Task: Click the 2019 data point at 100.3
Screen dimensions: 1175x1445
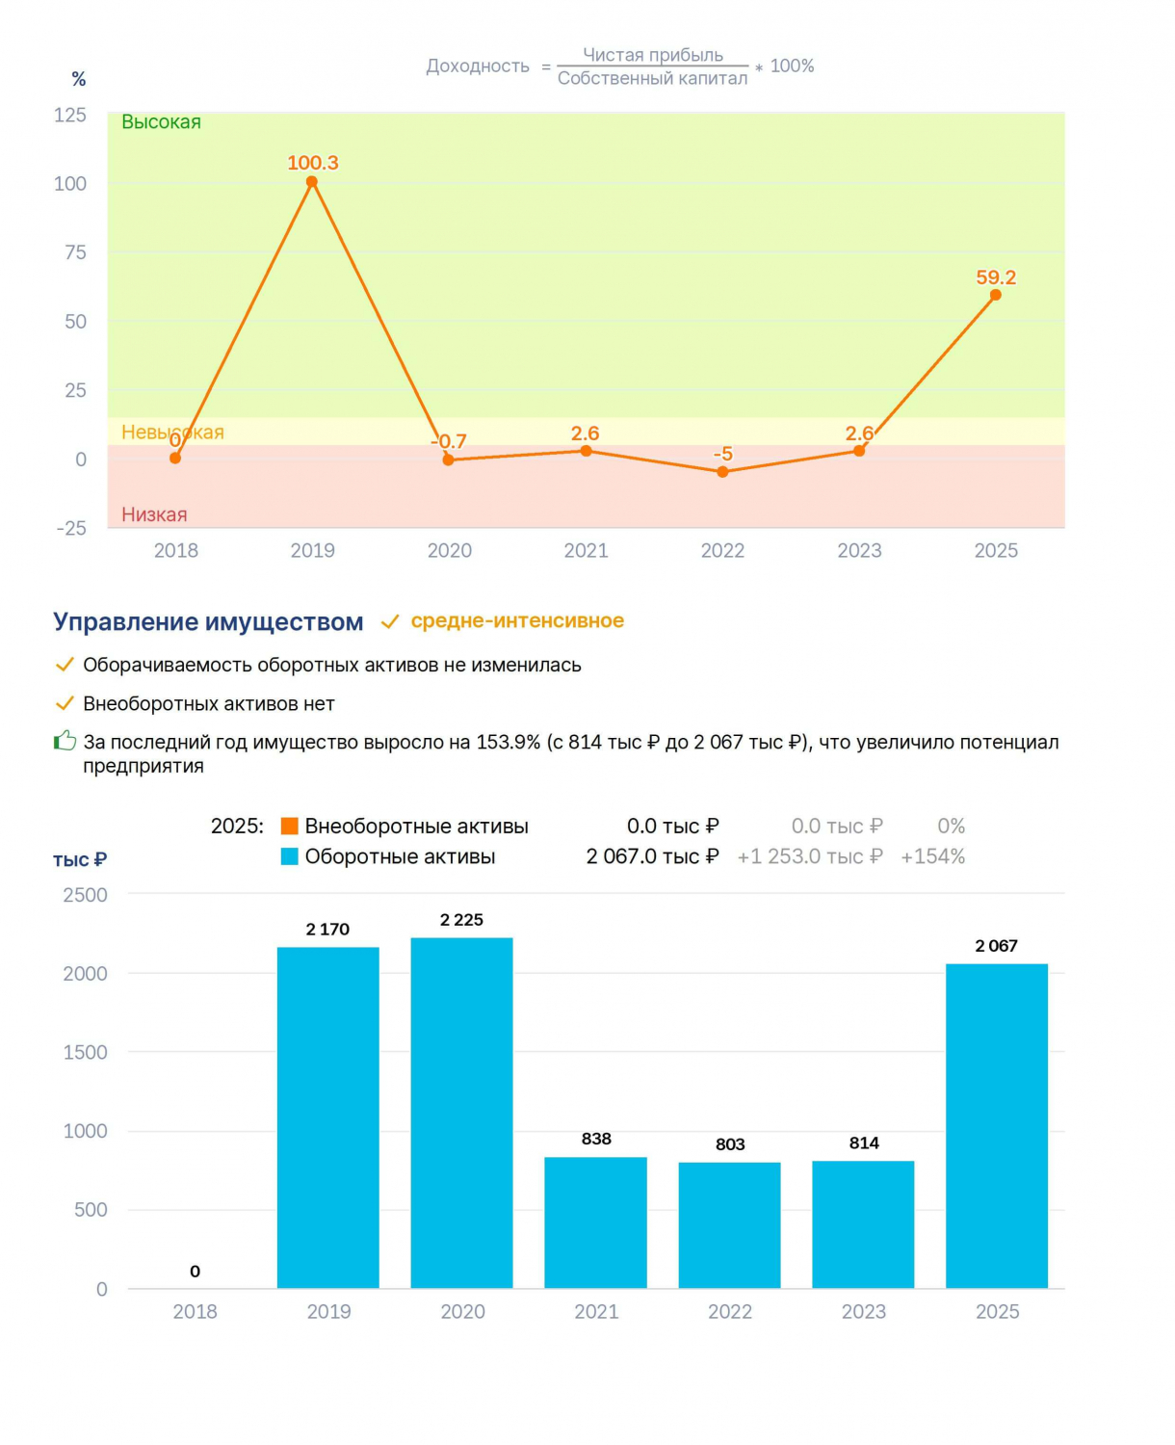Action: (312, 182)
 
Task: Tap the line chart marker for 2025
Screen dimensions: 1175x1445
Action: (995, 295)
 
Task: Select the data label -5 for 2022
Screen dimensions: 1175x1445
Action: (722, 453)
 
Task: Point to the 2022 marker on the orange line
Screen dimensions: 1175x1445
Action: (722, 472)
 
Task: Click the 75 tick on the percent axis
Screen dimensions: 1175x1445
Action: (75, 252)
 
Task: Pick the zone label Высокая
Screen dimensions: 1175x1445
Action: (162, 122)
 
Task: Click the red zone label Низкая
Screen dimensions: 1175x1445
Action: (155, 514)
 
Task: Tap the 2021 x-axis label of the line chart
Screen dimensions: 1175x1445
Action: (586, 550)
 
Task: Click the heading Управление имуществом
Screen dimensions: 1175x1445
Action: (208, 621)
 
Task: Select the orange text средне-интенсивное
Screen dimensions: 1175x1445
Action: (517, 620)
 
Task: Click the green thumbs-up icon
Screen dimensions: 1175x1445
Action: (65, 740)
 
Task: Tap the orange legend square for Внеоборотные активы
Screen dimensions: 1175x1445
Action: (290, 826)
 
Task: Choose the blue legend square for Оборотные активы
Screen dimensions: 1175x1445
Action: (290, 856)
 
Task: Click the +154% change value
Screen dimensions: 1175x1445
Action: (932, 856)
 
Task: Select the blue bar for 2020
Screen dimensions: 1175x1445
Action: (461, 1113)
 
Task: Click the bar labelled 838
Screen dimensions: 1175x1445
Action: (595, 1222)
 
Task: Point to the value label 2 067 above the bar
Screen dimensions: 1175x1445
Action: (996, 946)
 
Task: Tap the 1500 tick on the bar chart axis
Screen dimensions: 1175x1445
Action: (86, 1052)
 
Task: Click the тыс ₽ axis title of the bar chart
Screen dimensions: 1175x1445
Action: (80, 859)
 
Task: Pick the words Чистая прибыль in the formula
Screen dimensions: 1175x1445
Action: (653, 55)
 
